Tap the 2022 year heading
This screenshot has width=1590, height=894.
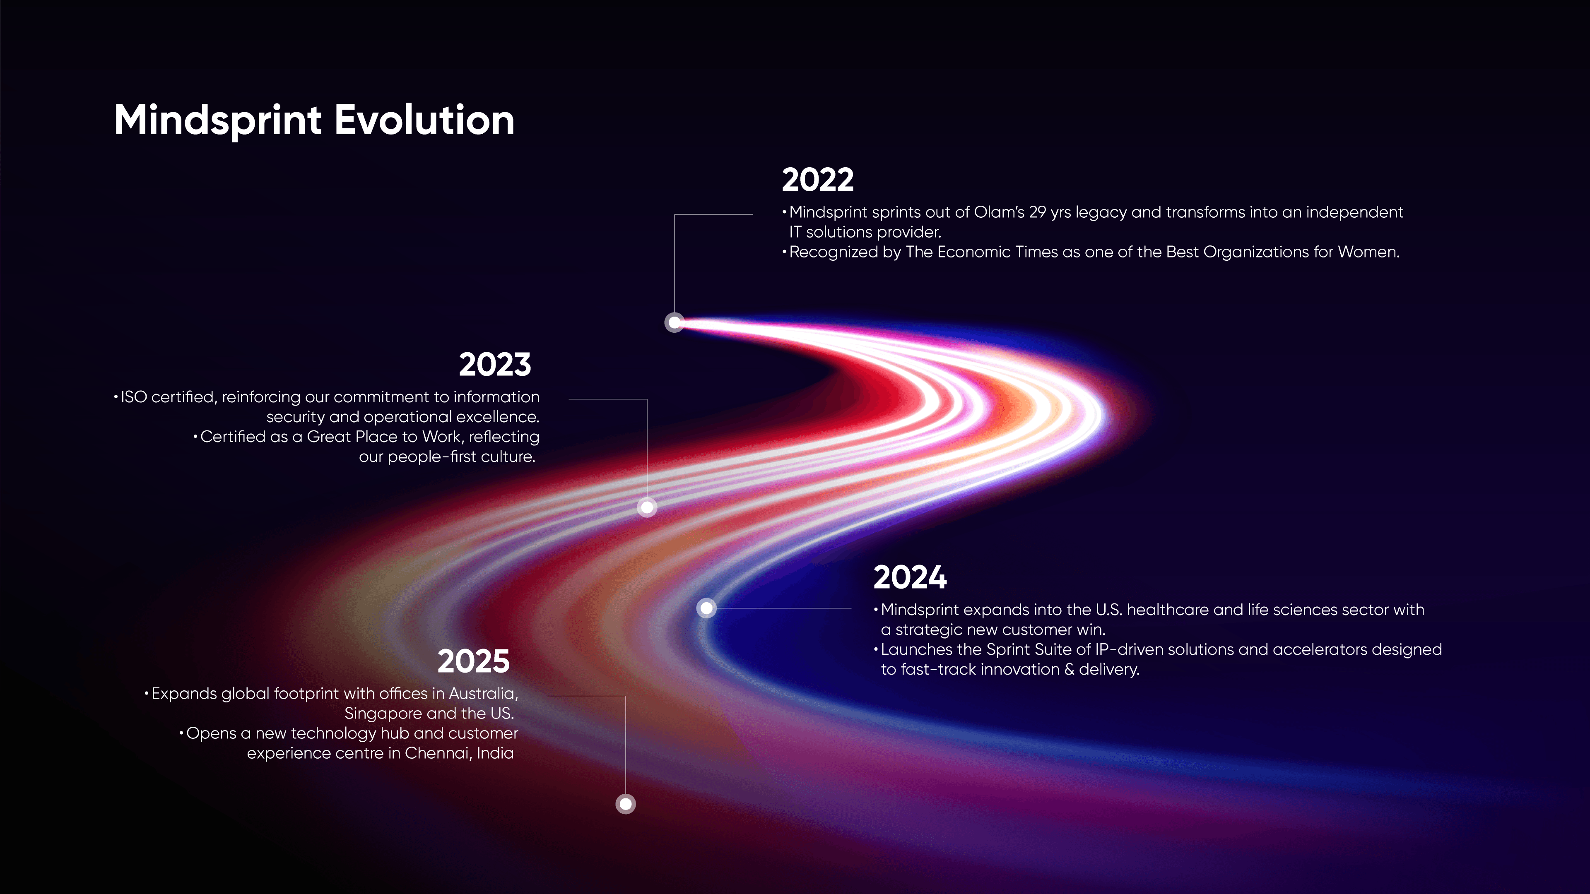click(x=817, y=180)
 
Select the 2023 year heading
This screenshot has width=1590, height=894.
click(x=494, y=364)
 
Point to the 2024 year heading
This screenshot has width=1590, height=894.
click(x=909, y=577)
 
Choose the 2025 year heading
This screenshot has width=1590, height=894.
click(x=473, y=661)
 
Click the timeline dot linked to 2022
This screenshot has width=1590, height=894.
click(x=675, y=322)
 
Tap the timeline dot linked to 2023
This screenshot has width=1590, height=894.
click(x=647, y=507)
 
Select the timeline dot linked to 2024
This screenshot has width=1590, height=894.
click(x=706, y=608)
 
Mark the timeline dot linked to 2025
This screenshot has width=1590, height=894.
click(x=625, y=803)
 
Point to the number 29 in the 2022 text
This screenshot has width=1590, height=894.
click(x=1037, y=212)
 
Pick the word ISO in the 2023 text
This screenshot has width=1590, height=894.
click(x=133, y=397)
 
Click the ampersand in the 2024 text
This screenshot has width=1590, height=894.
click(x=1069, y=669)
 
